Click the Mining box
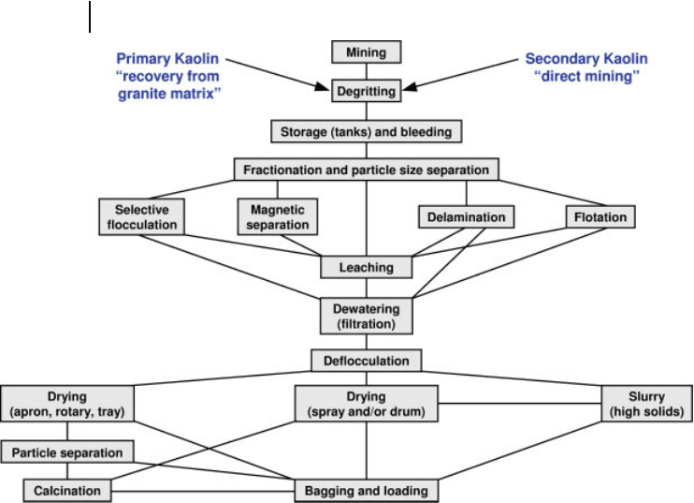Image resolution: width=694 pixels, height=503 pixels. pyautogui.click(x=367, y=52)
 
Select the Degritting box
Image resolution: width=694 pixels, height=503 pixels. pyautogui.click(x=367, y=91)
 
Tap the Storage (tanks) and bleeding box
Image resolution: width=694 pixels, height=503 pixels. pyautogui.click(x=367, y=131)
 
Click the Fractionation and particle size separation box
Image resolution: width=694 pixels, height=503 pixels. pyautogui.click(x=367, y=170)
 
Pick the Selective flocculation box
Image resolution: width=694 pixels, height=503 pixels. pyautogui.click(x=141, y=216)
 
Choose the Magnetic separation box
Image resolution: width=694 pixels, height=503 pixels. pyautogui.click(x=278, y=216)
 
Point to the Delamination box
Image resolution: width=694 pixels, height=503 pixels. pyautogui.click(x=467, y=216)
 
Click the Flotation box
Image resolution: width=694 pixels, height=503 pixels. pyautogui.click(x=600, y=216)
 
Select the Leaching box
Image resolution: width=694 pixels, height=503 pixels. pyautogui.click(x=367, y=267)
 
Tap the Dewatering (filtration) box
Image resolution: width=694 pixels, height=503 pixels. pyautogui.click(x=367, y=316)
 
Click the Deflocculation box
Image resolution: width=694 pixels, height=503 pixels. pyautogui.click(x=367, y=361)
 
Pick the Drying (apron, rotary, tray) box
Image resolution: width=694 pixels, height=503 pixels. pyautogui.click(x=67, y=404)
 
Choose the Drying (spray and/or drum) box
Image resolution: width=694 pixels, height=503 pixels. pyautogui.click(x=367, y=404)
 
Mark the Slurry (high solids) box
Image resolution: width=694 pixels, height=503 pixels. pyautogui.click(x=647, y=404)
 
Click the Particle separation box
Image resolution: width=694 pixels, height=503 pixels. pyautogui.click(x=67, y=452)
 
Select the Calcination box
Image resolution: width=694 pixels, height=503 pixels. pyautogui.click(x=67, y=491)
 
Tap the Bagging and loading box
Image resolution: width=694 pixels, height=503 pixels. pyautogui.click(x=367, y=491)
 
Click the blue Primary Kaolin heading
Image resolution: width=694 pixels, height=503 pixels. pyautogui.click(x=167, y=58)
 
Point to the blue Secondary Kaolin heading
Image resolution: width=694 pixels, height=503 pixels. pyautogui.click(x=586, y=58)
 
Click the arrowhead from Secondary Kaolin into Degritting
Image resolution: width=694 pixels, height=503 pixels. pyautogui.click(x=410, y=87)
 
